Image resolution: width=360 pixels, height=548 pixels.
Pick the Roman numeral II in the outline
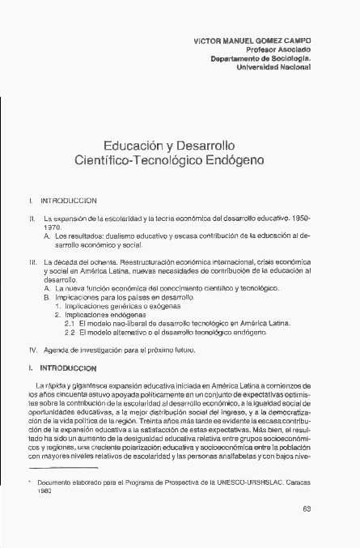pyautogui.click(x=30, y=219)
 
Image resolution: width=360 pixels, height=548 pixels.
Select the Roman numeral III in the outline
pyautogui.click(x=31, y=263)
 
